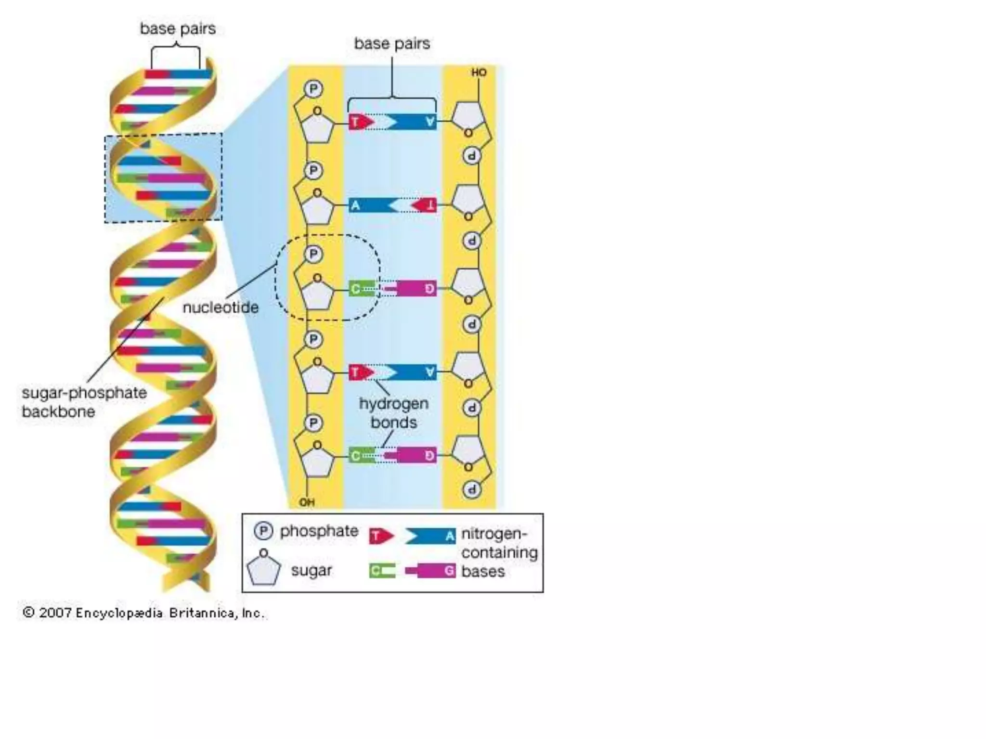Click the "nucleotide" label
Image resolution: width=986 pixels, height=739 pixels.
coord(221,307)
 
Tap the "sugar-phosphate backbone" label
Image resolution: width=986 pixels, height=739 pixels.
coord(84,402)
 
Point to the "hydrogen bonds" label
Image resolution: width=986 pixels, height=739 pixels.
coord(394,413)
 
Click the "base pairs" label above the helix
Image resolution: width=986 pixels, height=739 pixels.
coord(178,29)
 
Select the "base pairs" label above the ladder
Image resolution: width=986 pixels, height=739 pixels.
coord(392,44)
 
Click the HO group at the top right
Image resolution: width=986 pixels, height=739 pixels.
coord(479,73)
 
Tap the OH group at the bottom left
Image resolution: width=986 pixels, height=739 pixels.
coord(307,502)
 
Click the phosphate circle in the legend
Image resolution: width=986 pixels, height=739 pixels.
coord(263,531)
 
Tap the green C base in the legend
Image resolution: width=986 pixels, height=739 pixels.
coord(382,571)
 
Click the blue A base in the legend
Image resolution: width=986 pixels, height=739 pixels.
coord(431,536)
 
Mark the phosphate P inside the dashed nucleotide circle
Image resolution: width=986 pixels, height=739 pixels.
coord(313,254)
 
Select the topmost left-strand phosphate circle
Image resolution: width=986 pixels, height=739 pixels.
coord(313,89)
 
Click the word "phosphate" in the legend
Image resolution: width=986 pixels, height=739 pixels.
coord(319,531)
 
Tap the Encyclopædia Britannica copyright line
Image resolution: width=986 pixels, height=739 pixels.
coord(143,613)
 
